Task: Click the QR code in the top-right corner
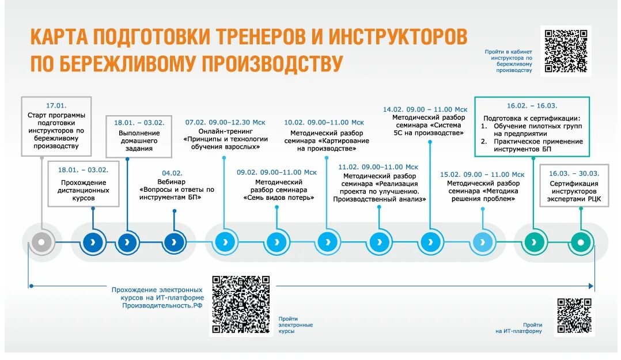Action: pos(566,51)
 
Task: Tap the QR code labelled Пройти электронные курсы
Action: pos(241,305)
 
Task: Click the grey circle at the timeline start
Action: pos(41,242)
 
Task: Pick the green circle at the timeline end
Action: pos(581,242)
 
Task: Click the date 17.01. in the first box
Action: pos(56,105)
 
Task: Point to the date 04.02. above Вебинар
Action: pos(172,172)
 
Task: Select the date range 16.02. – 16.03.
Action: pos(532,105)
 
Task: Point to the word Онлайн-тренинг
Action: pos(225,131)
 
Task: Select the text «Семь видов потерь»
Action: pos(278,198)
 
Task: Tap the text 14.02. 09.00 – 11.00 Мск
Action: pos(425,109)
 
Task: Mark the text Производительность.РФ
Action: pos(162,305)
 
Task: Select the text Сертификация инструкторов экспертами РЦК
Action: pos(574,191)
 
